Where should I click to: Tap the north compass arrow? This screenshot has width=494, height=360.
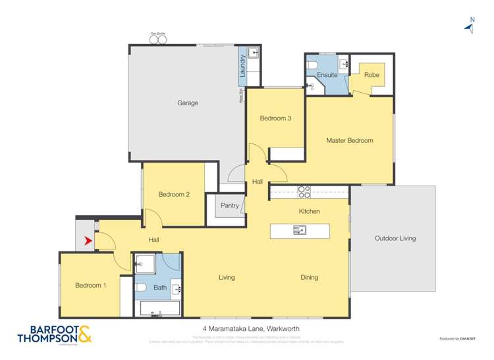(x=470, y=27)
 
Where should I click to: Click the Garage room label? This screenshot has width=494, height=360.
(x=188, y=103)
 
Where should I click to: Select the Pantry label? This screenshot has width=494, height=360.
(x=230, y=205)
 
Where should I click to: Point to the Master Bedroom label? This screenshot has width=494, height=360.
(x=350, y=140)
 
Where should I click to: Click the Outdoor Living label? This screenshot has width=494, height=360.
(x=395, y=238)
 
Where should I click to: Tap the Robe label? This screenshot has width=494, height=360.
(x=371, y=75)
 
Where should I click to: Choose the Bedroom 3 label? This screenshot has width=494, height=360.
(x=275, y=118)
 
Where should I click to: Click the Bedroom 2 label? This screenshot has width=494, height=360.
(x=174, y=194)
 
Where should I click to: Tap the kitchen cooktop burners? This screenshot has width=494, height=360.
(x=304, y=192)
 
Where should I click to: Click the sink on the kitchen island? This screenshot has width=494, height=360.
(x=300, y=230)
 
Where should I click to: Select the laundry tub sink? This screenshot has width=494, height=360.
(x=254, y=53)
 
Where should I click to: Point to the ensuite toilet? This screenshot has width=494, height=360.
(x=314, y=64)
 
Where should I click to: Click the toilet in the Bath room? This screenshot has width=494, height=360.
(x=140, y=287)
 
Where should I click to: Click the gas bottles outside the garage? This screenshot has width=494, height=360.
(x=158, y=40)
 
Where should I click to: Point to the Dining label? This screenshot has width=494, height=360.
(x=309, y=277)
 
